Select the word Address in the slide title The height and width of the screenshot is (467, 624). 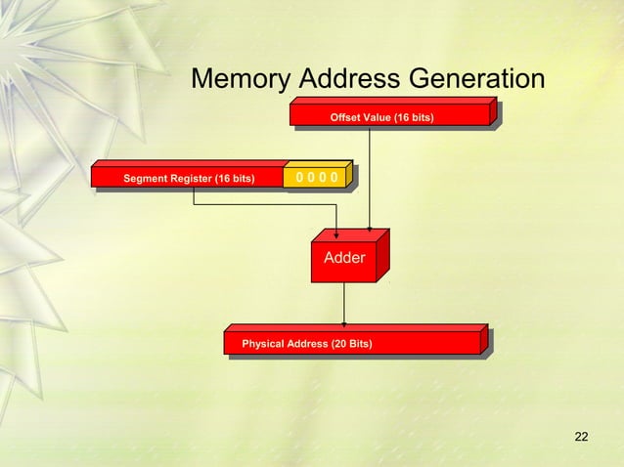pyautogui.click(x=348, y=78)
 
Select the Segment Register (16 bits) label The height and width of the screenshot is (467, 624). pyautogui.click(x=189, y=178)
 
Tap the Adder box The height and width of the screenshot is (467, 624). pyautogui.click(x=344, y=259)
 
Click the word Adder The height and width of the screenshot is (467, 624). pyautogui.click(x=344, y=259)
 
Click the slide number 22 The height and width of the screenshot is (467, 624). pyautogui.click(x=581, y=436)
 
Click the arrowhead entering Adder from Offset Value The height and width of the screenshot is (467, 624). pyautogui.click(x=369, y=230)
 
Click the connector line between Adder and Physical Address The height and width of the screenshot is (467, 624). pyautogui.click(x=344, y=303)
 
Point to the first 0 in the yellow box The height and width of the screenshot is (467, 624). pyautogui.click(x=299, y=177)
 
